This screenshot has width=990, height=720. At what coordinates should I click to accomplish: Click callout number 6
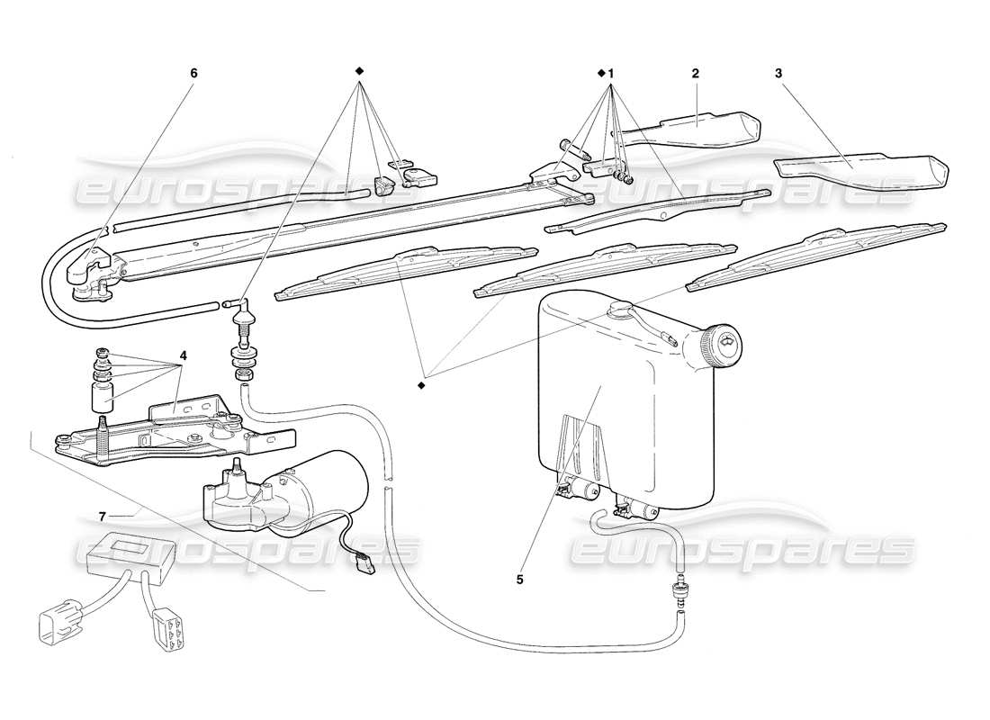click(193, 73)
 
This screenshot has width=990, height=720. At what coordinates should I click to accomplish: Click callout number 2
click(696, 73)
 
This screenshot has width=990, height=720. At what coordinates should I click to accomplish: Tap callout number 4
click(183, 355)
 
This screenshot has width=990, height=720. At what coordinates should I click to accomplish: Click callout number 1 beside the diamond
click(611, 73)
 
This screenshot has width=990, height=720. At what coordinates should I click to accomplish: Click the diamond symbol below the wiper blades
click(420, 385)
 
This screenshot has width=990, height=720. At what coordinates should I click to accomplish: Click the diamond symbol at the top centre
click(358, 71)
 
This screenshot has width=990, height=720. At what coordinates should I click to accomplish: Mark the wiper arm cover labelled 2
click(693, 126)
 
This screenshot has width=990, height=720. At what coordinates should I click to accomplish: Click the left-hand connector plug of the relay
click(53, 622)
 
